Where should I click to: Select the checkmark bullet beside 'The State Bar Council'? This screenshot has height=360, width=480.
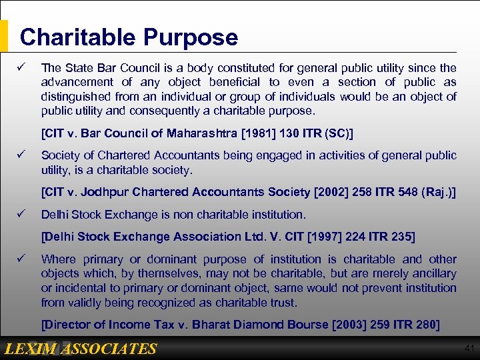click(21, 67)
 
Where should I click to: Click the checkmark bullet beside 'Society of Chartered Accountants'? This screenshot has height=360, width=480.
click(21, 155)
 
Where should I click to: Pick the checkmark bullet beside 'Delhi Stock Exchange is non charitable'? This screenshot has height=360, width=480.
click(21, 214)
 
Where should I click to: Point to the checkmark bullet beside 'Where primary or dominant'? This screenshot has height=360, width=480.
click(21, 259)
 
